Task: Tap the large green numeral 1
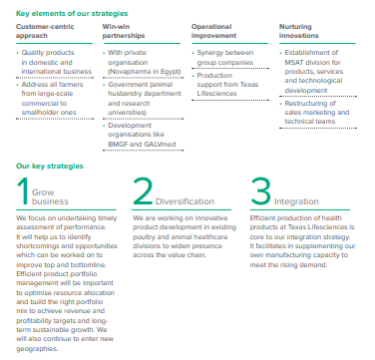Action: (23, 190)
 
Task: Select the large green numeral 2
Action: (144, 190)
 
